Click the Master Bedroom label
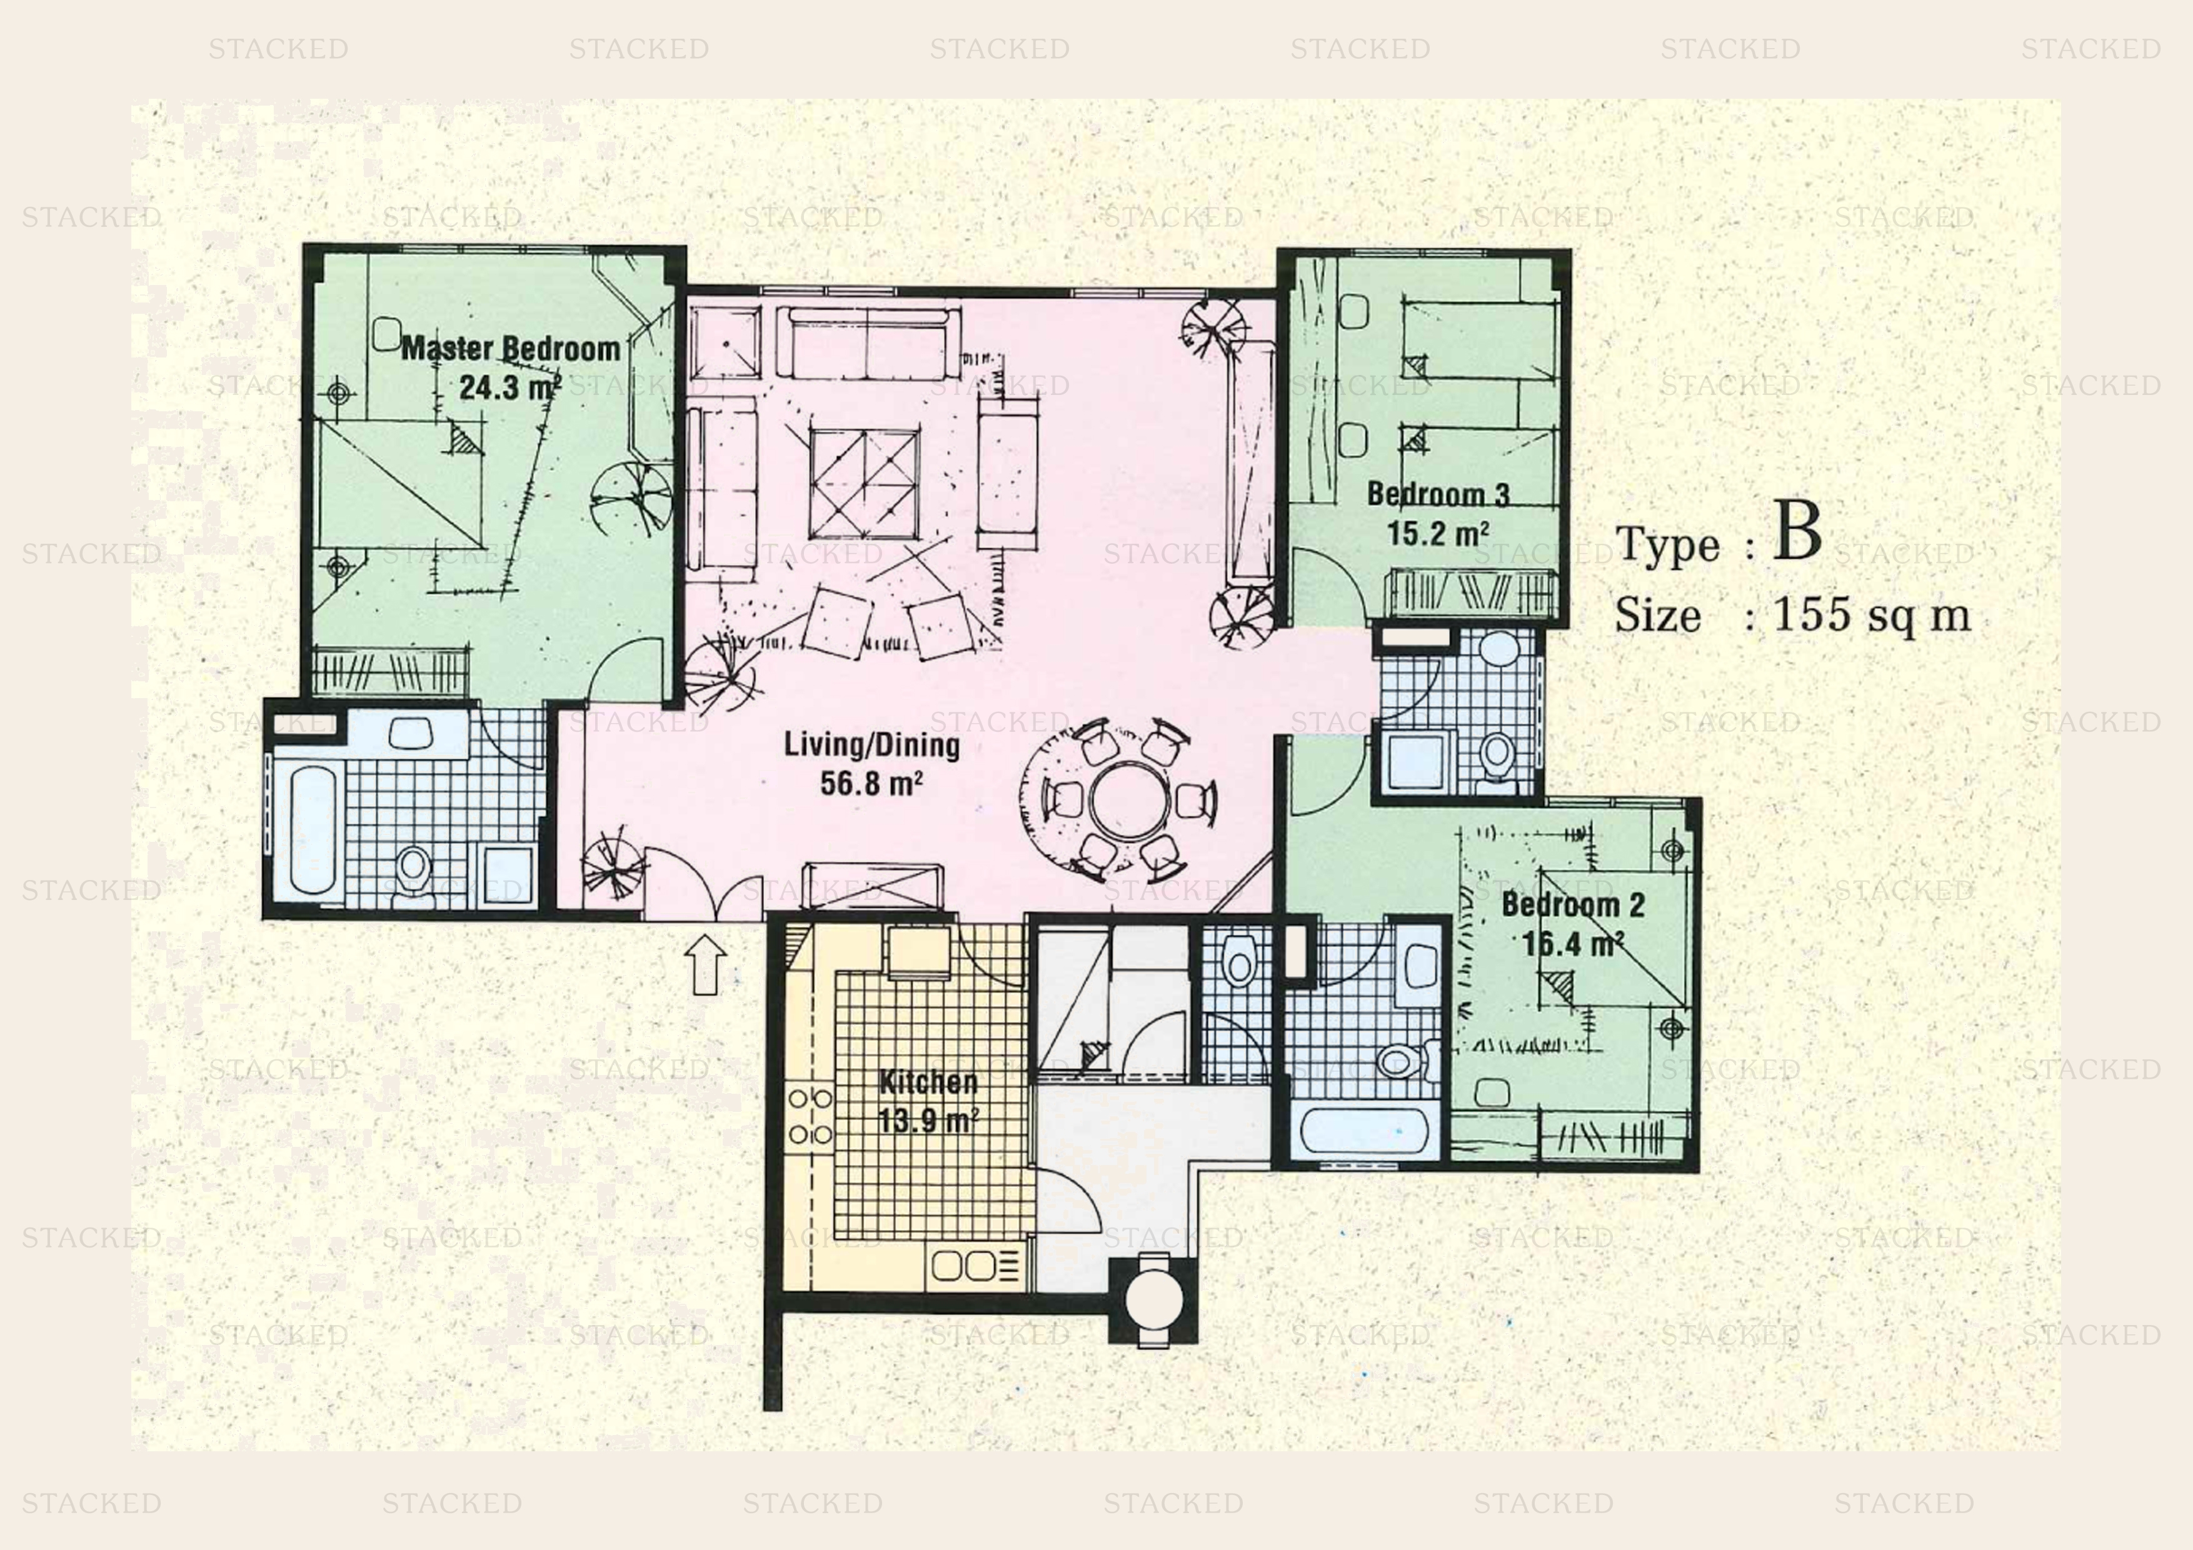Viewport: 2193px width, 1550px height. pos(511,349)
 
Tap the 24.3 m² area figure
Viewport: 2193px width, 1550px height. pos(509,387)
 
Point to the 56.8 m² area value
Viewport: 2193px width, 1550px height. pos(871,783)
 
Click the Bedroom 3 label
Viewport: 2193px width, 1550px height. pos(1437,494)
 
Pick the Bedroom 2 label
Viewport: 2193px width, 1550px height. pos(1573,904)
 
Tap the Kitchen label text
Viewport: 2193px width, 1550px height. pos(928,1082)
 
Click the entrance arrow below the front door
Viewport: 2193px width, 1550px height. pos(705,964)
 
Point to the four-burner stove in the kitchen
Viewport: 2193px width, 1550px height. pos(810,1116)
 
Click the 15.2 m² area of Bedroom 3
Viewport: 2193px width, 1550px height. pos(1437,533)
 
